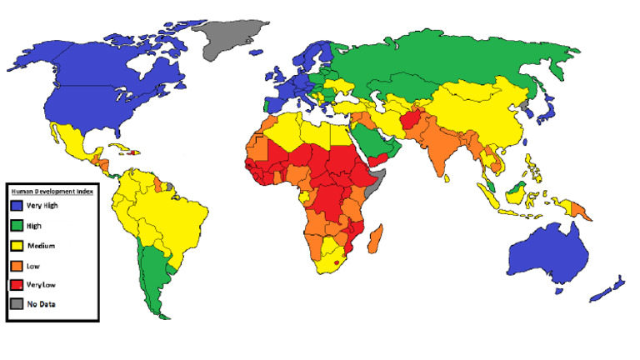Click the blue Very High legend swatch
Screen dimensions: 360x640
point(16,205)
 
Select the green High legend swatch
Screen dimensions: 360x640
point(16,225)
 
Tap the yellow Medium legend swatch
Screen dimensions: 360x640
point(16,245)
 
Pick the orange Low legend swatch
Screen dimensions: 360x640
point(16,265)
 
